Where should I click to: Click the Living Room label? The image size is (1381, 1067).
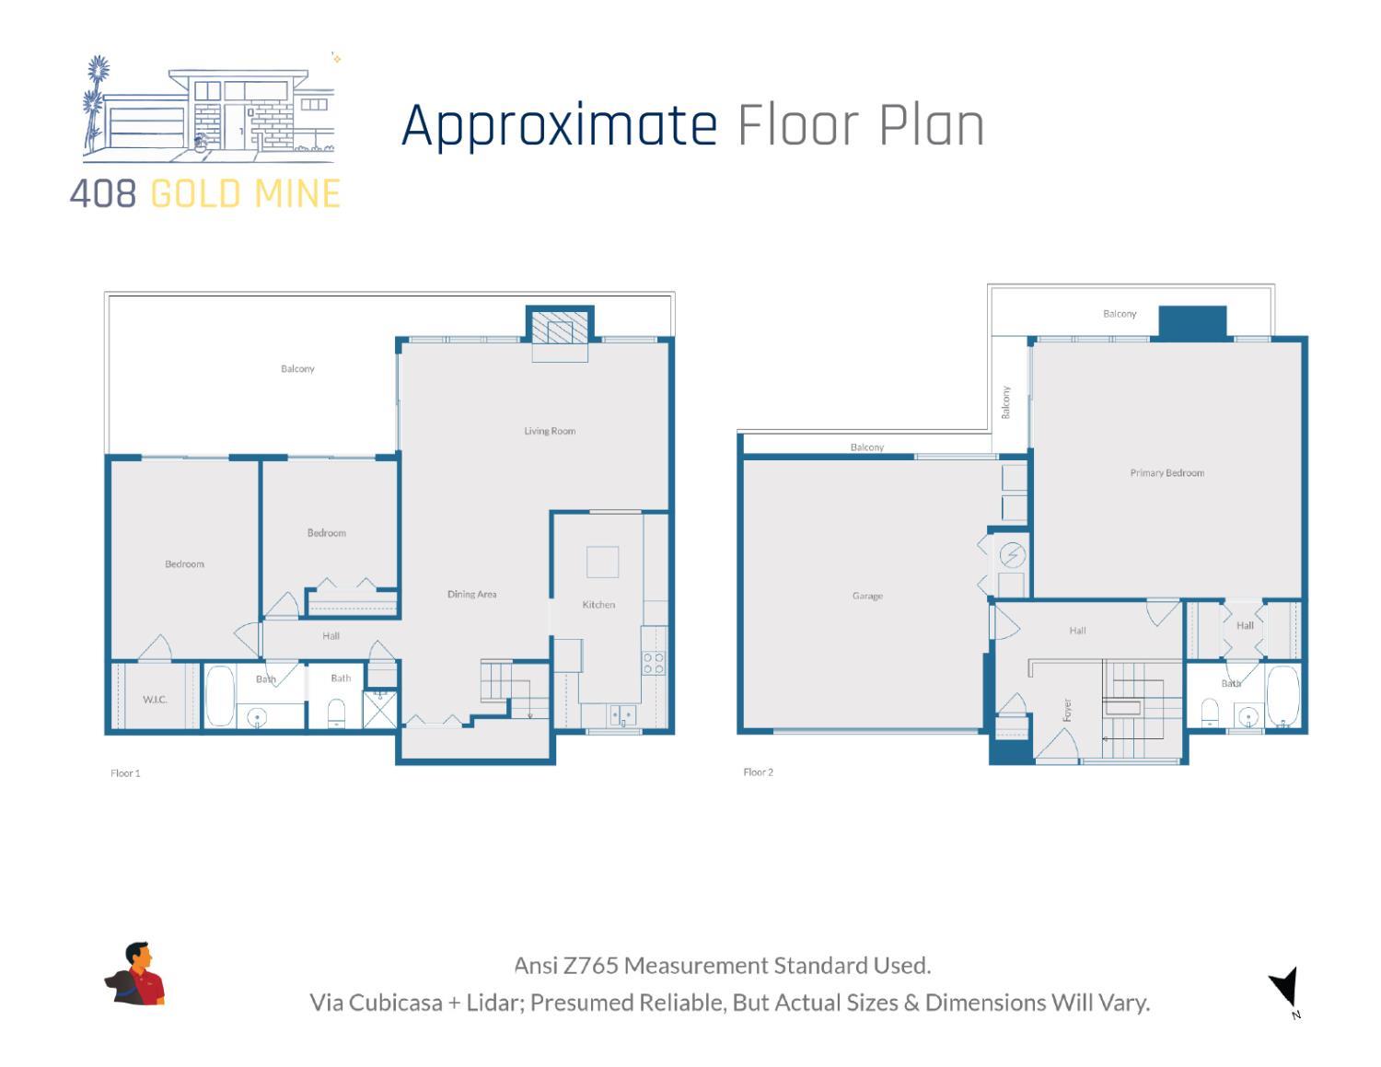(550, 431)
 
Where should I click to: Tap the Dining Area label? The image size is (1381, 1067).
(471, 595)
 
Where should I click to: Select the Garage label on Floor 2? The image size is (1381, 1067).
(866, 597)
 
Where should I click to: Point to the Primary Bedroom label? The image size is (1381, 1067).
(1166, 473)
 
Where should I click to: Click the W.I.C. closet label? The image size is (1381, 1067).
(155, 700)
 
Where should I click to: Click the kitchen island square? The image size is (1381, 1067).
(602, 562)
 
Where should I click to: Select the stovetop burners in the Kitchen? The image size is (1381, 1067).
(654, 663)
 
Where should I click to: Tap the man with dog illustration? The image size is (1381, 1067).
(135, 974)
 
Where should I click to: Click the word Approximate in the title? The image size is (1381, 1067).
(559, 126)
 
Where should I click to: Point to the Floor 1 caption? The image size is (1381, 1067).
(125, 773)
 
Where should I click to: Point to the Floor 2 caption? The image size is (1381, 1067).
(758, 772)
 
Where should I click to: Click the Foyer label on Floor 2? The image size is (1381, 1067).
(1068, 710)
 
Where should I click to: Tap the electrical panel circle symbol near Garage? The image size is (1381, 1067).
(1012, 556)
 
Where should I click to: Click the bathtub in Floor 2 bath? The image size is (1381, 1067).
(1282, 697)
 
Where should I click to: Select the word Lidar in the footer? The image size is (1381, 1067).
(493, 1003)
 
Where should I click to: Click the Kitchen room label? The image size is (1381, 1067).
(598, 605)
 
